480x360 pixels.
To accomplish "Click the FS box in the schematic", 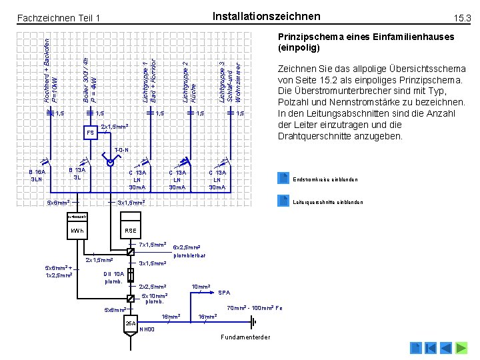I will point(90,133).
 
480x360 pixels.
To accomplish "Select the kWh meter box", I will point(77,231).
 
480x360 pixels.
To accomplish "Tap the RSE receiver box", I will point(130,231).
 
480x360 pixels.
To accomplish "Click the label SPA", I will point(226,293).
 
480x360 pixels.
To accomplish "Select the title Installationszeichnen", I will point(265,16).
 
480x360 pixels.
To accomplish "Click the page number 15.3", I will point(462,17).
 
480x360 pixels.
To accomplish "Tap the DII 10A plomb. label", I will point(115,277).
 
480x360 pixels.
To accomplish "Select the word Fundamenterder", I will point(245,337).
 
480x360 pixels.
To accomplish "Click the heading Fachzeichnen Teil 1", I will point(59,17).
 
